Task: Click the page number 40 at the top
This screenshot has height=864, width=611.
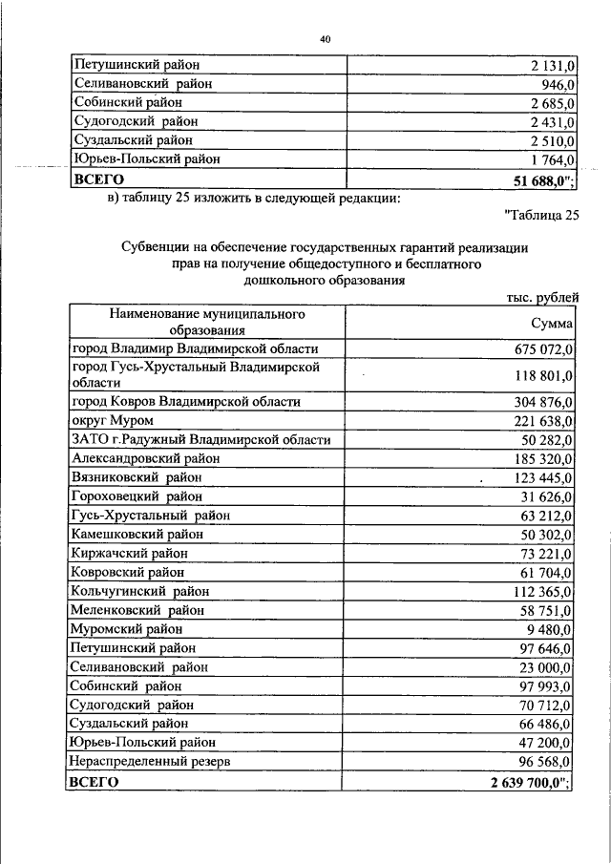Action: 325,38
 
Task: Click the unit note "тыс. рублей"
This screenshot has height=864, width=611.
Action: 542,298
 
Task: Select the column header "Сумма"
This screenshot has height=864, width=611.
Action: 552,325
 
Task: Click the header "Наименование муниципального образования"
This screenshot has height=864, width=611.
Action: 206,323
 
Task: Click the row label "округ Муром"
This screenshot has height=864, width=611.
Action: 113,420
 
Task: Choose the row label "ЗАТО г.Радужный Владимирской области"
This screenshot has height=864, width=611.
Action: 200,439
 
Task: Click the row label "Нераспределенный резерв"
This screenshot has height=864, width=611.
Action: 151,761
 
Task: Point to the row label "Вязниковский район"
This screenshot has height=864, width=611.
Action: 137,476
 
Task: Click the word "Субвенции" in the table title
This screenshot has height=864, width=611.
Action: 158,247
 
